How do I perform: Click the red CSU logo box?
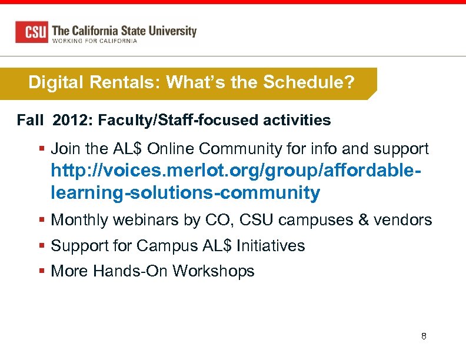32,32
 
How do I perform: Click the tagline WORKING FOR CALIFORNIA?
95,41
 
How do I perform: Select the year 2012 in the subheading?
71,121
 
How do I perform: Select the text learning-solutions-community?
185,192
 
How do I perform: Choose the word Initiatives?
271,245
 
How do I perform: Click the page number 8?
424,336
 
